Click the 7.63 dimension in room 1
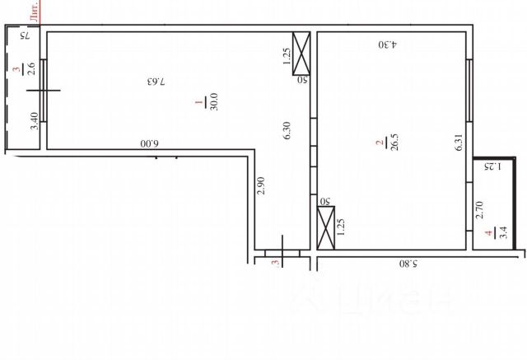(156, 82)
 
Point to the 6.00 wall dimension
(148, 143)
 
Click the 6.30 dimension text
(287, 132)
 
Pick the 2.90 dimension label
(260, 185)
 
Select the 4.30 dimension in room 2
(388, 44)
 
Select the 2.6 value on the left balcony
(31, 69)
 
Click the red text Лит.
(34, 11)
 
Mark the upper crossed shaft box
(302, 54)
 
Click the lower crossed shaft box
(325, 229)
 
